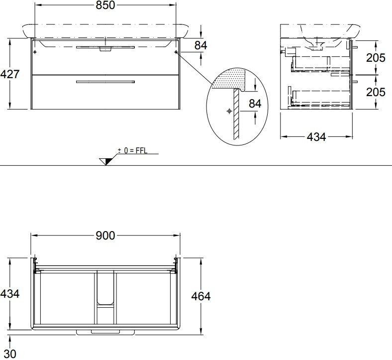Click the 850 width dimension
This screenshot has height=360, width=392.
(105, 5)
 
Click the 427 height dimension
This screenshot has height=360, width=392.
(10, 74)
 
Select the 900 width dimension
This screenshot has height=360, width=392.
(105, 236)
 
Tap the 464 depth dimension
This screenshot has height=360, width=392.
(201, 296)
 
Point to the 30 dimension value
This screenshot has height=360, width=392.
(10, 354)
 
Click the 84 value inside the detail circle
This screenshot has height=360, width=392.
(255, 104)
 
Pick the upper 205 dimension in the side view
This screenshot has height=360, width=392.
(376, 58)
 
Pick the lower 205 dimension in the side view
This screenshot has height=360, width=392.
(376, 92)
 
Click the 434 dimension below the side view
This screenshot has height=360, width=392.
(316, 137)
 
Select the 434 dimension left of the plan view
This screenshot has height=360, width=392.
(10, 294)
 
